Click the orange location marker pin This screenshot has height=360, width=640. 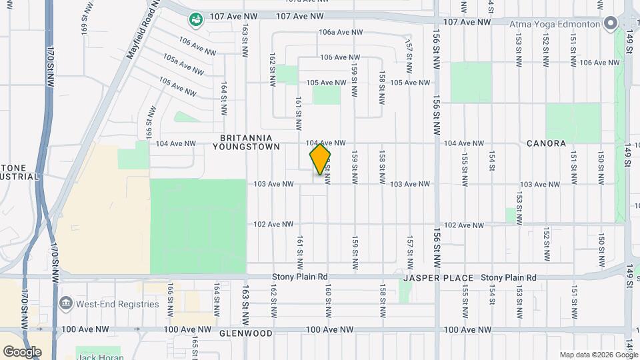click(320, 159)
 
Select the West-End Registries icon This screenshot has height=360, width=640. click(66, 305)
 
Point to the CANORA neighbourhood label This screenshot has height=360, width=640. click(546, 143)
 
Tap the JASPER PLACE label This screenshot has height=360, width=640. click(438, 277)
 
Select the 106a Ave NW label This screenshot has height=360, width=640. click(341, 32)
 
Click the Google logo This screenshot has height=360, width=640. click(22, 351)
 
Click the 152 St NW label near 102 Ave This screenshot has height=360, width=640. click(545, 244)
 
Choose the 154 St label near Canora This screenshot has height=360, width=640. click(491, 161)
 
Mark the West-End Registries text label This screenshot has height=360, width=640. click(117, 305)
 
